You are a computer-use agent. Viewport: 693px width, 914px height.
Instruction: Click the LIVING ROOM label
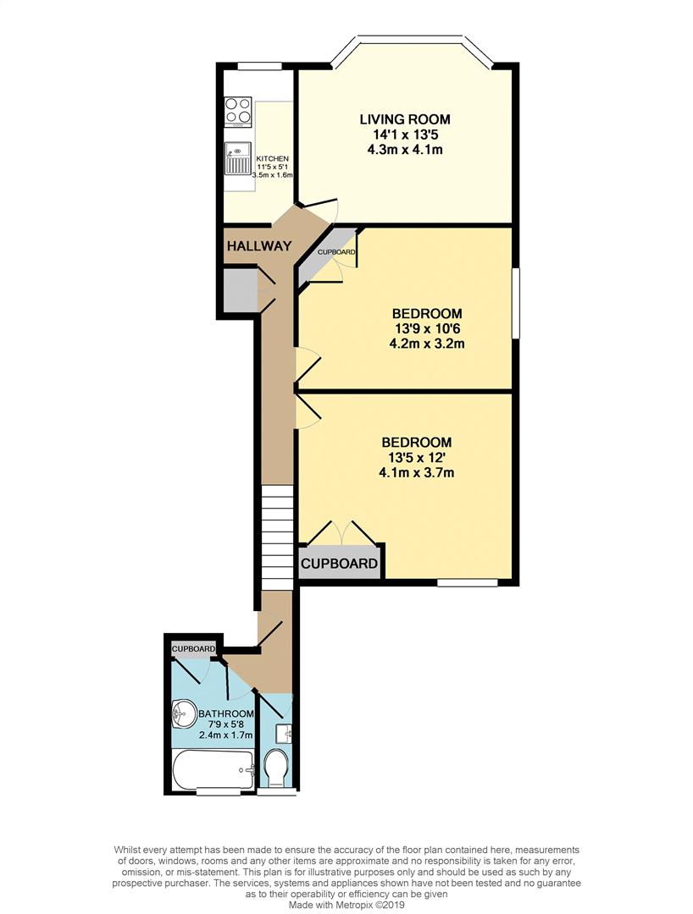point(404,118)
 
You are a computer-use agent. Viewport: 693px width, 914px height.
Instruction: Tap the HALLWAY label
point(258,246)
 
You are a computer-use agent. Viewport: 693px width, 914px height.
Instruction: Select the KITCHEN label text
point(273,158)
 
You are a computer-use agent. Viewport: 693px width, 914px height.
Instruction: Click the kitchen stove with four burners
point(238,112)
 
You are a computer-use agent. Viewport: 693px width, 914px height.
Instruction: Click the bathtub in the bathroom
point(213,769)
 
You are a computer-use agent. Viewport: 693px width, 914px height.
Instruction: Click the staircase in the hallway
point(276,537)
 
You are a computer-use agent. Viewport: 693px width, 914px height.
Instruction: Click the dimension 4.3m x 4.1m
point(404,150)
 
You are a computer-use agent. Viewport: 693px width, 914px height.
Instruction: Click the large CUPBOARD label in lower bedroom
point(340,564)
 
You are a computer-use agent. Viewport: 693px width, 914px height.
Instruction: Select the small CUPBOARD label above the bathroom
point(193,649)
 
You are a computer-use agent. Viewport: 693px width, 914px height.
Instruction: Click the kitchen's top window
point(258,66)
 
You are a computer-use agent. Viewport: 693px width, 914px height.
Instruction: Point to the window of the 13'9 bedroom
point(516,302)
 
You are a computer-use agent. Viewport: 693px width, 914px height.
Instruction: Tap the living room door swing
point(319,203)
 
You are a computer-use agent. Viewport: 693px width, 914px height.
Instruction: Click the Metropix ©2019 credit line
point(346,905)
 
